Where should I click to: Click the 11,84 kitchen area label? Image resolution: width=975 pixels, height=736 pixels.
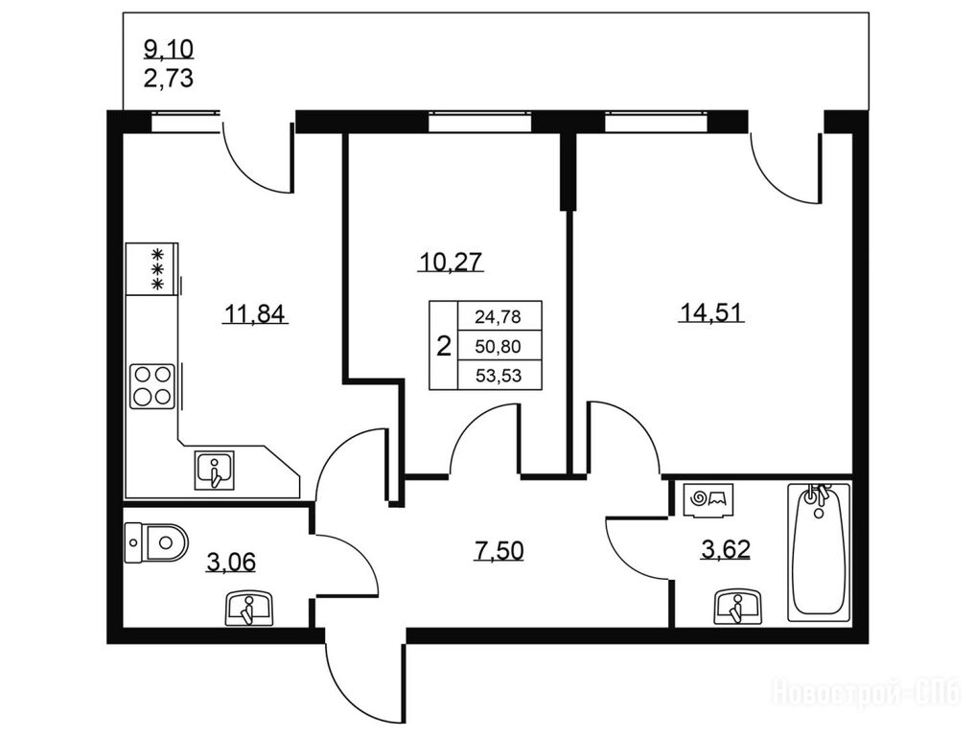255,314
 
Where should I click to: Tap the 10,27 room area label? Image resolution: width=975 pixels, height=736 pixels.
451,263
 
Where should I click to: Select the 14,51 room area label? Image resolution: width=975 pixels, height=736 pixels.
710,312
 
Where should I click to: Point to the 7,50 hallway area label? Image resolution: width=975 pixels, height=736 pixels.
499,551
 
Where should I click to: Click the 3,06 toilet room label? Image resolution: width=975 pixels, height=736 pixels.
231,562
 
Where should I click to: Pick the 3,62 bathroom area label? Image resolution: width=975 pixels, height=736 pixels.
725,549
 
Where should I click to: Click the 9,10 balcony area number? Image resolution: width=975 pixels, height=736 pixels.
169,48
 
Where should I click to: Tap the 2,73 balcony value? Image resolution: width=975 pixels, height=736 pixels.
169,79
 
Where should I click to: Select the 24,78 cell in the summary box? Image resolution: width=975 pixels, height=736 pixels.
499,317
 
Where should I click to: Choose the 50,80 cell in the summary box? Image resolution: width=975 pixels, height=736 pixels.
499,346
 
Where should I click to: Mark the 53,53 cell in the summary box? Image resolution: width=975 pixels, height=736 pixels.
499,376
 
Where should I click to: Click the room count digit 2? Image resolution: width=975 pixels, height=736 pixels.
443,346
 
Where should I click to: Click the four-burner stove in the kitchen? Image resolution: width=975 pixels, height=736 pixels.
152,386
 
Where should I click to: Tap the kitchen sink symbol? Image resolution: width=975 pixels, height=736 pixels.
215,470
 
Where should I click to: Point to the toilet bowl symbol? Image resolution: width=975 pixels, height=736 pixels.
156,542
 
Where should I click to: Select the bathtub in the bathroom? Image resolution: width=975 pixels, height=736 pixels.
819,552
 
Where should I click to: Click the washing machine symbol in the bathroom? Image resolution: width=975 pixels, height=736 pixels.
709,499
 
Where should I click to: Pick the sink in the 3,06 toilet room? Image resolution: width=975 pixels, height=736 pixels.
248,609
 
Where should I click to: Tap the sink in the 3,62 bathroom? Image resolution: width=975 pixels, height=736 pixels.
737,607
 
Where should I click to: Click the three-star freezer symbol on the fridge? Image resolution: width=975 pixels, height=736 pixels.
158,268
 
